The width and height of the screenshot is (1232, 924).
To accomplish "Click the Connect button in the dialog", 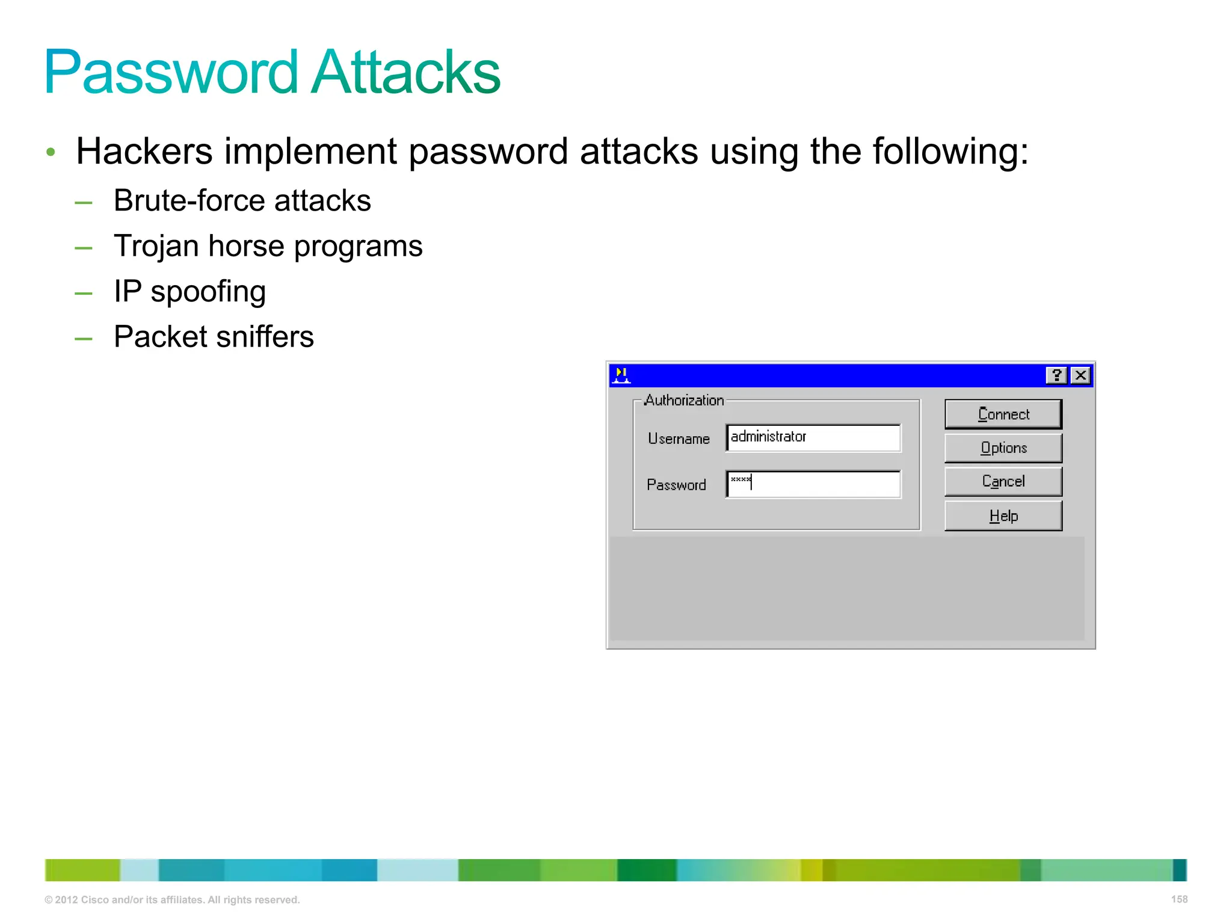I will [1003, 414].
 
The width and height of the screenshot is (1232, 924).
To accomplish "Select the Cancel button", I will [1003, 481].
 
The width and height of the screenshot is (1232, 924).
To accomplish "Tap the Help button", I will [1003, 516].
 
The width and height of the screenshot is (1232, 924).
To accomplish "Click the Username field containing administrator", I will [813, 437].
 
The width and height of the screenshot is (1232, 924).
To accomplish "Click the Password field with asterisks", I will [813, 484].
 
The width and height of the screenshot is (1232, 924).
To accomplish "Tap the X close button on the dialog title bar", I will [1080, 375].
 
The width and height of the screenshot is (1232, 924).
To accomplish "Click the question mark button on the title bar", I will [1056, 375].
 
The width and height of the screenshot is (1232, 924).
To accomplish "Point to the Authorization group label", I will [684, 401].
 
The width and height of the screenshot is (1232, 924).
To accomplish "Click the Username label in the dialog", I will [679, 439].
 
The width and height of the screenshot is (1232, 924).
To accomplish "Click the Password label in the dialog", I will [676, 485].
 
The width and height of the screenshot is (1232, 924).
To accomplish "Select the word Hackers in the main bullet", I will [144, 151].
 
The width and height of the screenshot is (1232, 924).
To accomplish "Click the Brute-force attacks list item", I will [242, 200].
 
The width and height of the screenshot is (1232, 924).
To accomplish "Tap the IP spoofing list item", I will [189, 292].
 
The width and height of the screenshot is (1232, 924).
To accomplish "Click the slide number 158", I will [1179, 899].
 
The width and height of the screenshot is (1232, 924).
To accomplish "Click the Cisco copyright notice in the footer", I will [172, 900].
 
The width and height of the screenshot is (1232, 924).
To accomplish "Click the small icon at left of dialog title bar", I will [621, 375].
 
